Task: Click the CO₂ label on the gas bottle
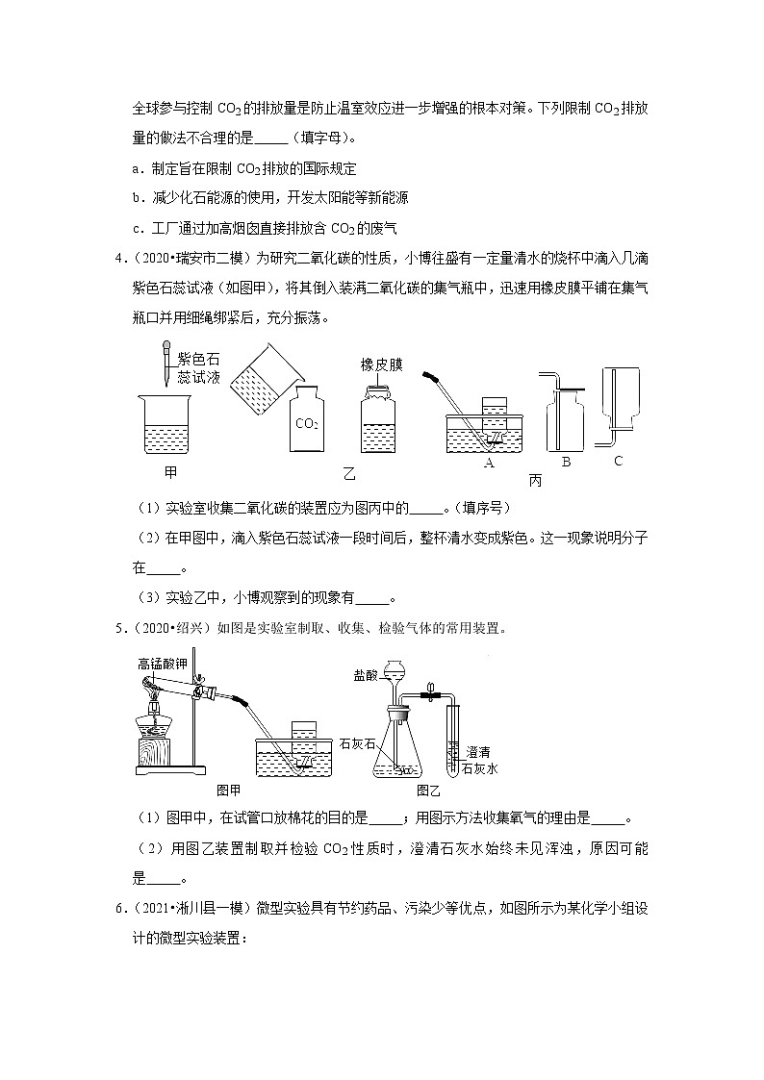pyautogui.click(x=307, y=423)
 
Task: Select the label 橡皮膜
pyautogui.click(x=381, y=364)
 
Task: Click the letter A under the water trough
pyautogui.click(x=489, y=464)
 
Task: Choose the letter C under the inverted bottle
pyautogui.click(x=618, y=461)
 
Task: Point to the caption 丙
pyautogui.click(x=535, y=479)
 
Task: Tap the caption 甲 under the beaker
pyautogui.click(x=171, y=473)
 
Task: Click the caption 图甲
pyautogui.click(x=229, y=790)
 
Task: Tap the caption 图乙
pyautogui.click(x=427, y=790)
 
